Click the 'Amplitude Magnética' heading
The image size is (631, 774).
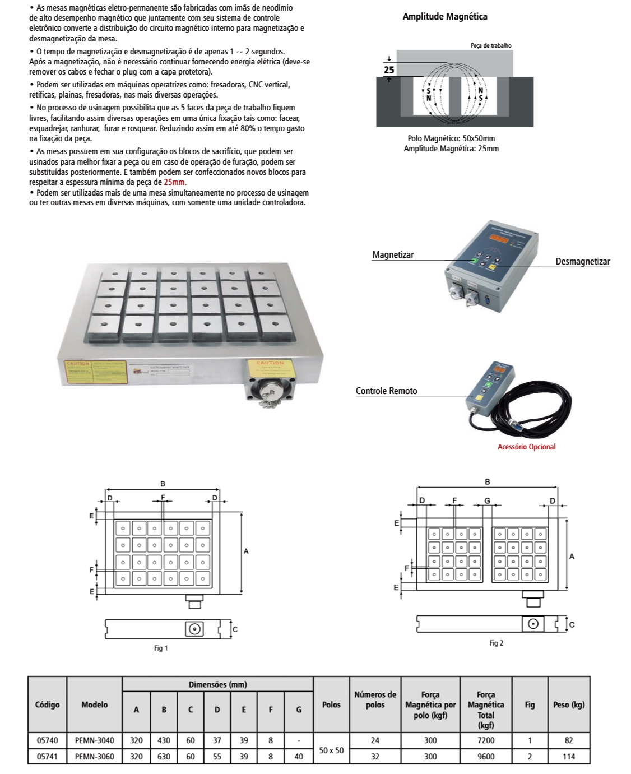445,17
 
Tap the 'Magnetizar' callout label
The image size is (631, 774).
393,255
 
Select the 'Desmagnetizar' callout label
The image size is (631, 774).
582,262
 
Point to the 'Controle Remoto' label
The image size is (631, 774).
386,391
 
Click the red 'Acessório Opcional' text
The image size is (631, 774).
526,447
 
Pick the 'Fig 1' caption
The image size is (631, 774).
161,648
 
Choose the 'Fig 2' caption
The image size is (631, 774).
496,643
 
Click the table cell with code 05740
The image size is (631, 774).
47,740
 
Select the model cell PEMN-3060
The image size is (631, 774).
94,757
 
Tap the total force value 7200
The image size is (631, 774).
485,740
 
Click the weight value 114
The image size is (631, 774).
568,757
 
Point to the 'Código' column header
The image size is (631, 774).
47,705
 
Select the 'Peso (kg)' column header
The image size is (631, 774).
568,705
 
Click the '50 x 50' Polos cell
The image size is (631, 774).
331,749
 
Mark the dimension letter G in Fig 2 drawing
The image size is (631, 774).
487,500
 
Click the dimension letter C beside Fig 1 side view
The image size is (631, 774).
235,629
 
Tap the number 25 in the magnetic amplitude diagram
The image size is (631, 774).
389,70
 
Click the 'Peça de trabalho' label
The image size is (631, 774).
490,45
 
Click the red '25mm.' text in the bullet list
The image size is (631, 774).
175,182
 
